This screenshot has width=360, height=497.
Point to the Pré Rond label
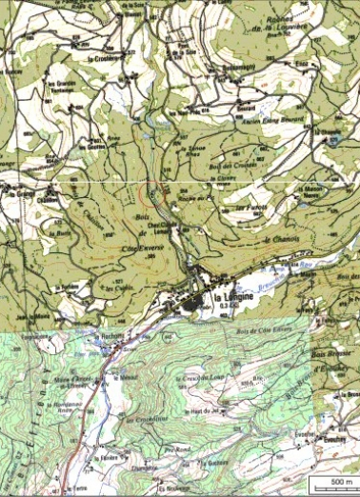pos(177,449)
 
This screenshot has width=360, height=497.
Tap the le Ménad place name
pos(125,377)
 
